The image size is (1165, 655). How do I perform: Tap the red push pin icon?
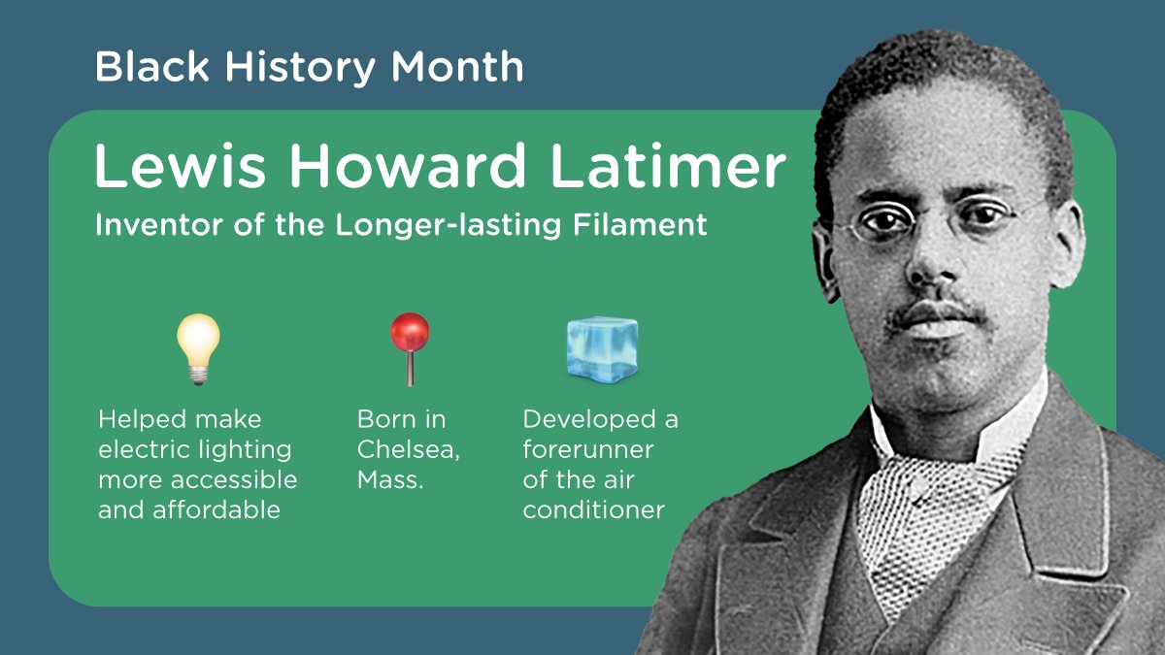click(x=409, y=347)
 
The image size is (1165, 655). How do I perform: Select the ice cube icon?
click(x=602, y=347)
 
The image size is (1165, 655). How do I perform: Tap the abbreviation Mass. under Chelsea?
click(x=390, y=480)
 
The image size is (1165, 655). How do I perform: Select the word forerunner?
click(x=588, y=450)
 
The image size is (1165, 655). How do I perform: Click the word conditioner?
click(x=593, y=510)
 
